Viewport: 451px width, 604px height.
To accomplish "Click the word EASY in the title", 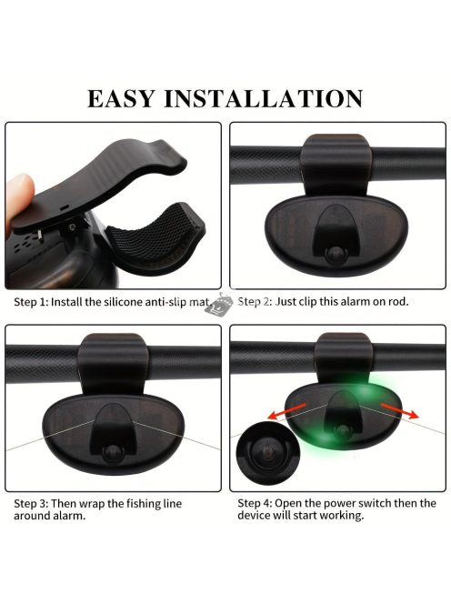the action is tap(121, 98).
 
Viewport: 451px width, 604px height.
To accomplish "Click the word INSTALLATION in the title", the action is tap(264, 98).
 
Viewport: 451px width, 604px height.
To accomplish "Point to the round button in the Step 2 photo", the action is tap(335, 254).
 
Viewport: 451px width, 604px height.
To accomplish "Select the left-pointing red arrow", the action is tap(287, 411).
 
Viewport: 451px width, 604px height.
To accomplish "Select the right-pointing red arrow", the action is tap(399, 411).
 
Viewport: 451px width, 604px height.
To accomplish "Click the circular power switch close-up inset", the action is tap(267, 452).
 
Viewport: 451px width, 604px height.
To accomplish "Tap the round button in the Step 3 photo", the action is tap(113, 453).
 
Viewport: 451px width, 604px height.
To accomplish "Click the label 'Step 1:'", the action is tap(31, 302).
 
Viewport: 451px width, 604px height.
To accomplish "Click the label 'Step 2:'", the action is tap(255, 302).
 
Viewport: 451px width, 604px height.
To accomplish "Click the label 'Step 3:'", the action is tap(31, 504).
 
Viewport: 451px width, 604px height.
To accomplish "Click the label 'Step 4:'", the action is tap(255, 503).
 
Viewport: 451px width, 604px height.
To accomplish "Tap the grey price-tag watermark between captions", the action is tap(219, 305).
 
